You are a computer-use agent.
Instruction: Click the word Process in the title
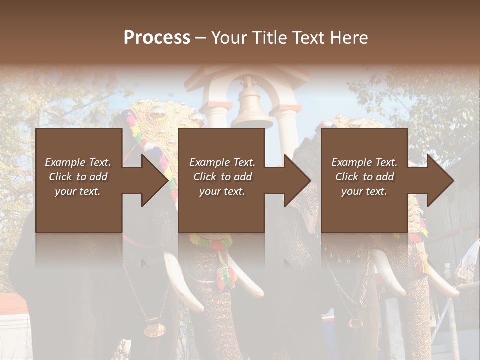point(157,37)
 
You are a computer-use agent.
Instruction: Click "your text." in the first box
point(78,191)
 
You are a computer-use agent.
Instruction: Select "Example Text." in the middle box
point(222,162)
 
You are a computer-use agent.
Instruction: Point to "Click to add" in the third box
point(364,177)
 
